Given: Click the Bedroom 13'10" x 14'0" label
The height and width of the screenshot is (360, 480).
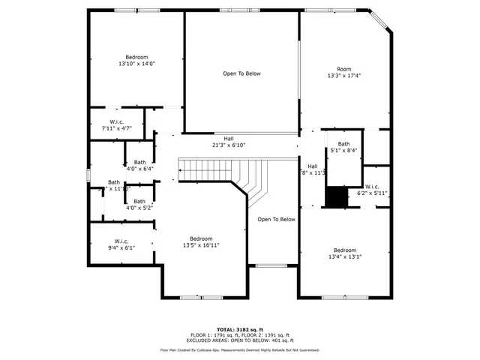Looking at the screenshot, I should coord(136,61).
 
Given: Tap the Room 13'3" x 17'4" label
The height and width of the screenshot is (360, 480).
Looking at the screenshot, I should coord(343,72).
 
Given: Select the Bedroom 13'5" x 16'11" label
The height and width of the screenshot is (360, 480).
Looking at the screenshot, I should coord(201,241).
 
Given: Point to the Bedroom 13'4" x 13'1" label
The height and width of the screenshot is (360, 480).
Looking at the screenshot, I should coord(344,253).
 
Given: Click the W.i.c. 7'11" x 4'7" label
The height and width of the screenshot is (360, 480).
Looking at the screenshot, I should coord(116,125).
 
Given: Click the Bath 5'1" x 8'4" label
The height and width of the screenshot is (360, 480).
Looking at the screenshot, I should coord(343,147).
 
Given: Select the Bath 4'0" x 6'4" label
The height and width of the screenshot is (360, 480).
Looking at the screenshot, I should coord(140,166).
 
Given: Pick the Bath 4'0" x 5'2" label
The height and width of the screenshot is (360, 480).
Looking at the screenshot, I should coord(139,205).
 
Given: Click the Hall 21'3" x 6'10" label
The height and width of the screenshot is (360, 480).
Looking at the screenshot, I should coord(228,142).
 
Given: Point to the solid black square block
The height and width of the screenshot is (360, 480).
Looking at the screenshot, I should coord(337,196).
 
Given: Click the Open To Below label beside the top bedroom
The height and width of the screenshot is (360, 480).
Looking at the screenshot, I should coord(241,73).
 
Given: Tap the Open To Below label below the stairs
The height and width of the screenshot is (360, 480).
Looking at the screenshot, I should coord(276,220).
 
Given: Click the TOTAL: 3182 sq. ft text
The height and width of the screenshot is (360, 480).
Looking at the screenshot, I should coord(240,329).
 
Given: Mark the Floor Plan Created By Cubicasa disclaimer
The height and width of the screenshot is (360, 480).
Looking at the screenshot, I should coord(240,349).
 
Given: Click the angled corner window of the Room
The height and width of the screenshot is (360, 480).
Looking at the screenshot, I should coord(382,21).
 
